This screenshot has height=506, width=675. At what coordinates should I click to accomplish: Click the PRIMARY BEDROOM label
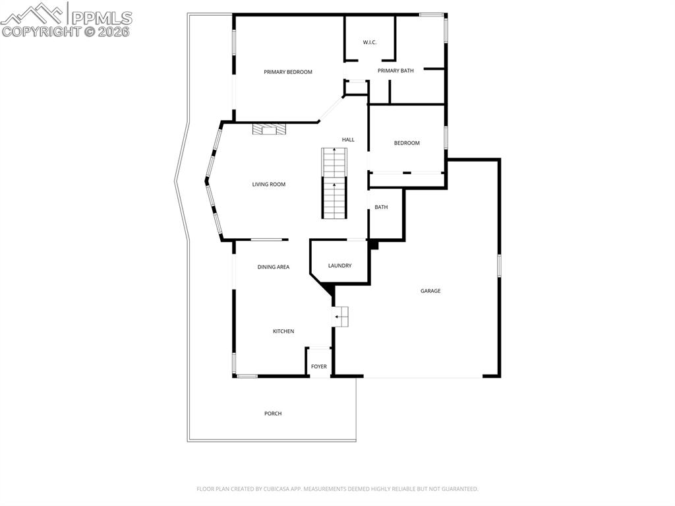pyautogui.click(x=288, y=72)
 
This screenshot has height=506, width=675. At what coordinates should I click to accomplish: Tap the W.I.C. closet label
pyautogui.click(x=369, y=43)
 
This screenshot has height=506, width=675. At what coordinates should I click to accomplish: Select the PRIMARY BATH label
pyautogui.click(x=396, y=71)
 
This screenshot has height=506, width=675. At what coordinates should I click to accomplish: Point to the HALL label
pyautogui.click(x=348, y=140)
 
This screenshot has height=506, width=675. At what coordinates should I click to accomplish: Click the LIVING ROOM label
pyautogui.click(x=269, y=185)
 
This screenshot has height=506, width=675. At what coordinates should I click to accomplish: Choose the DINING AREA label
pyautogui.click(x=274, y=267)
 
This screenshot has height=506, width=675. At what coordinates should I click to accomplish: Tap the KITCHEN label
pyautogui.click(x=283, y=331)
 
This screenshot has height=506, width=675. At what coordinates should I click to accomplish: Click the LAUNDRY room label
pyautogui.click(x=340, y=266)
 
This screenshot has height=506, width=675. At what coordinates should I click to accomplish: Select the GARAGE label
pyautogui.click(x=430, y=291)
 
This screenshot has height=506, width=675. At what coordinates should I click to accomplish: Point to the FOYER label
pyautogui.click(x=319, y=367)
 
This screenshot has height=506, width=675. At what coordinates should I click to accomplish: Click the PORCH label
pyautogui.click(x=273, y=414)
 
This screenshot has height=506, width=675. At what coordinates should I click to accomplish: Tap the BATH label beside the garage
pyautogui.click(x=381, y=207)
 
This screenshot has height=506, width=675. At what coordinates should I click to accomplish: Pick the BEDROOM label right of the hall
pyautogui.click(x=407, y=143)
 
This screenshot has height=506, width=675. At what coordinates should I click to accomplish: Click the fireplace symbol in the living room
pyautogui.click(x=269, y=129)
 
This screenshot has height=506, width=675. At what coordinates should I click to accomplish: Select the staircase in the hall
pyautogui.click(x=334, y=183)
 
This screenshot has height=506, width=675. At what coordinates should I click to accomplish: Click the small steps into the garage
pyautogui.click(x=341, y=317)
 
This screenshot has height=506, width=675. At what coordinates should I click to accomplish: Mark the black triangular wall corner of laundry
pyautogui.click(x=327, y=288)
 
